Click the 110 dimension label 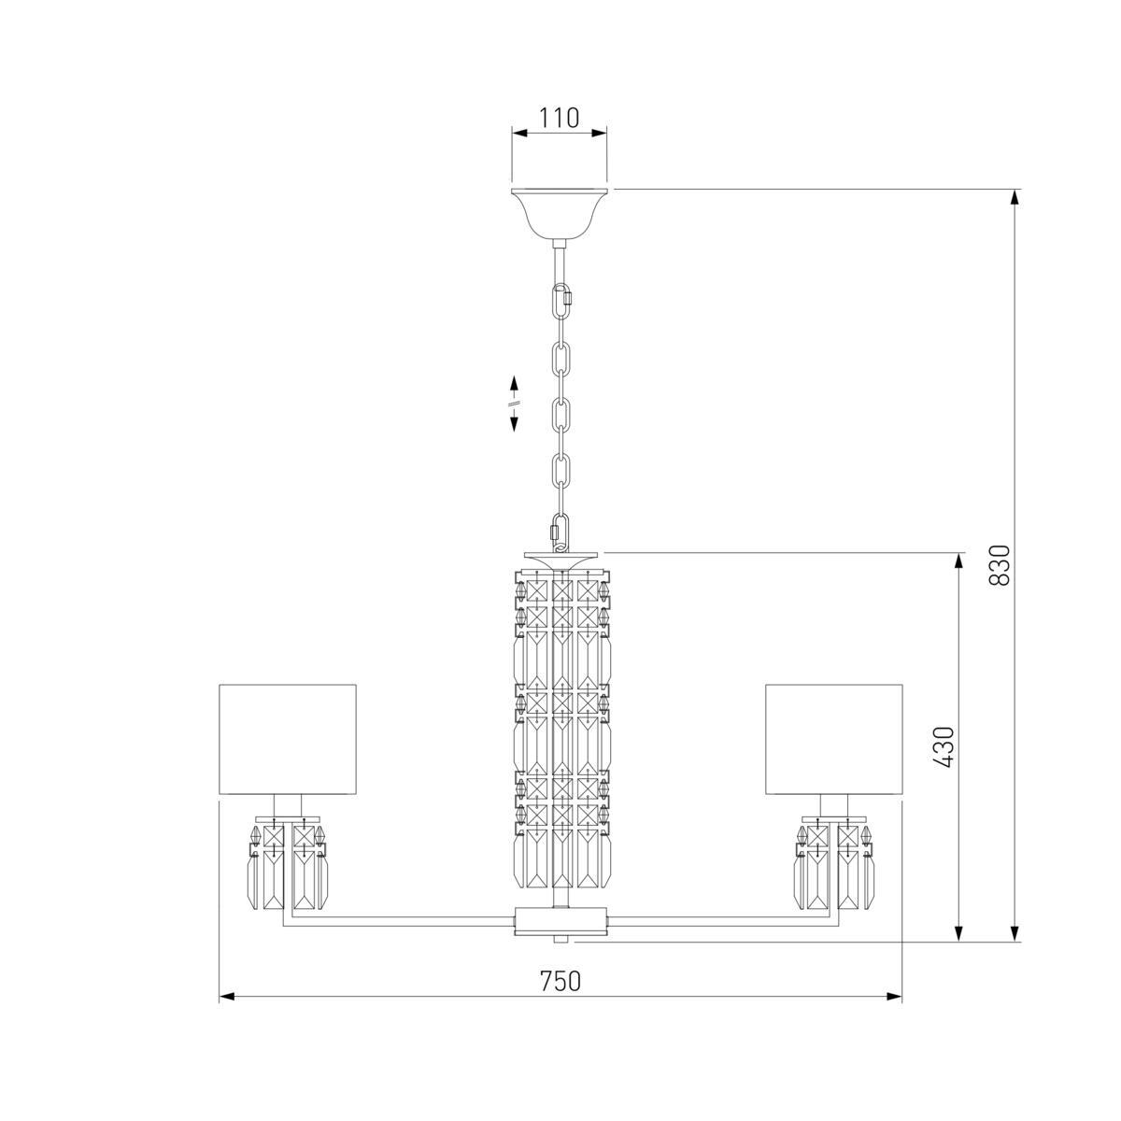tap(559, 118)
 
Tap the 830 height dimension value tap(1000, 565)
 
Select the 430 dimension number tap(944, 747)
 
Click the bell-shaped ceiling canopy tap(559, 213)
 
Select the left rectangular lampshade tap(288, 739)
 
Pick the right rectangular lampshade tap(833, 739)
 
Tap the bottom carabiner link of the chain tap(560, 531)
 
